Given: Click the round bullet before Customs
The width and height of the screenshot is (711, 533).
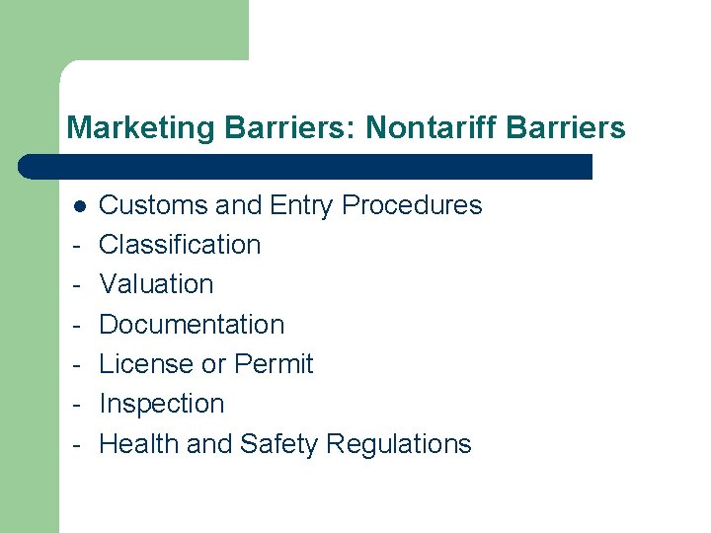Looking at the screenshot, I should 78,206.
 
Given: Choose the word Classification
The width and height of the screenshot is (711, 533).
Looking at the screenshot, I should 180,245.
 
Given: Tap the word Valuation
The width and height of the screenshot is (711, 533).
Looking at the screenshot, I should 156,284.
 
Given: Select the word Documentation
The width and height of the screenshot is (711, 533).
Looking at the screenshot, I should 192,325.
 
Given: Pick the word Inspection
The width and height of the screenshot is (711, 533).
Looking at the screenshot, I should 162,404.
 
